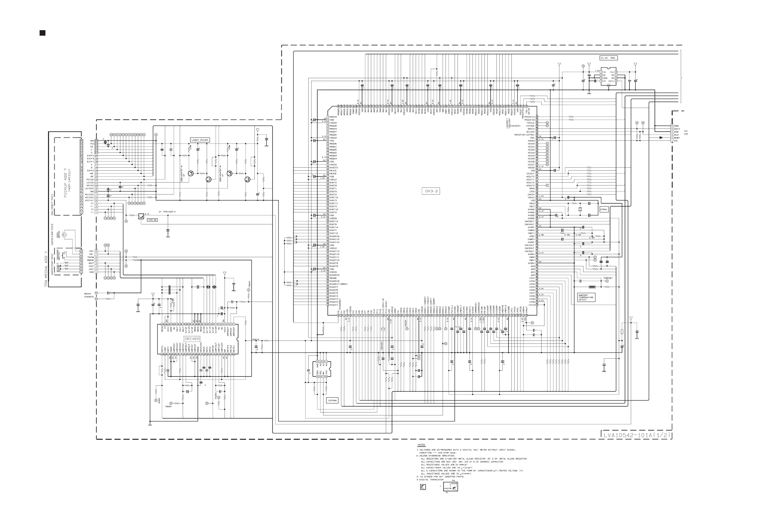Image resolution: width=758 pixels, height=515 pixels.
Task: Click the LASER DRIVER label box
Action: [x=200, y=140]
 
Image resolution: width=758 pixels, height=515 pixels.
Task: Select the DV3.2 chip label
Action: [x=431, y=191]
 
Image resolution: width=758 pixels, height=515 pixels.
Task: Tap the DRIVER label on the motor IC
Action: [x=192, y=339]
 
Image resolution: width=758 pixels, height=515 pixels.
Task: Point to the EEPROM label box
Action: [x=332, y=400]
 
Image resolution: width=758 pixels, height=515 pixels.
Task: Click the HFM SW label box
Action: [x=152, y=220]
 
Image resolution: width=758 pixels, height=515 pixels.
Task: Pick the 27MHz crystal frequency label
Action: [x=604, y=210]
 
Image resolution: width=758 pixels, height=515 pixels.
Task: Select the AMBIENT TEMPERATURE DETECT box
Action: [x=586, y=297]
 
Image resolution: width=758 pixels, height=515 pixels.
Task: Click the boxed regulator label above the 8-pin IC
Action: [x=608, y=58]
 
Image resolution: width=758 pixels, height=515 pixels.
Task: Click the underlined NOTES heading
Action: [x=421, y=445]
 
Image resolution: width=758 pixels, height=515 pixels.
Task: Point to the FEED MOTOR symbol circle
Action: [x=64, y=234]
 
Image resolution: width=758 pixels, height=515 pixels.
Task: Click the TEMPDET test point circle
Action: [x=607, y=281]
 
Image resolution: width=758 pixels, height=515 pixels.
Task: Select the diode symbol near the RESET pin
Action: [x=660, y=138]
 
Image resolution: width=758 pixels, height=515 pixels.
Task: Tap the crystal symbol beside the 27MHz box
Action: [x=580, y=209]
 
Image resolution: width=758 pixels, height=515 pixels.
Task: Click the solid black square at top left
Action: [x=43, y=33]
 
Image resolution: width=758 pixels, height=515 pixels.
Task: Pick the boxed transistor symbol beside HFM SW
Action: [x=141, y=216]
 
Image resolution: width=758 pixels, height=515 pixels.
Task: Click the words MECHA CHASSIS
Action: [x=89, y=295]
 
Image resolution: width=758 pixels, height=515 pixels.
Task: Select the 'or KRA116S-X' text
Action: [x=167, y=212]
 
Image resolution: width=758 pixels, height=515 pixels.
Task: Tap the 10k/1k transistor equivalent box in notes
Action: [x=450, y=487]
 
